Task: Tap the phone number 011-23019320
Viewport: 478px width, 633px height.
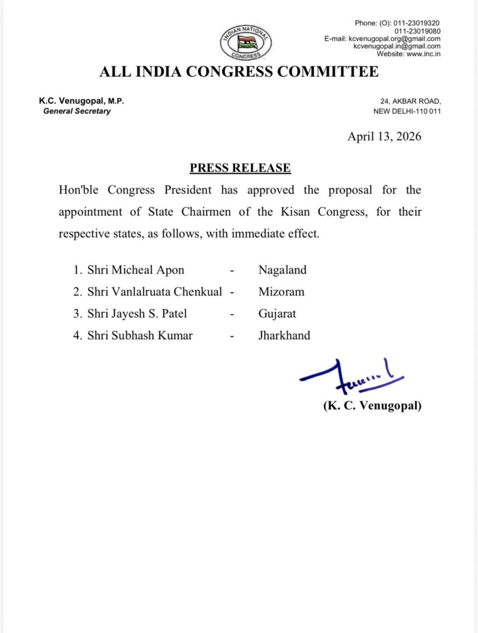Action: click(416, 23)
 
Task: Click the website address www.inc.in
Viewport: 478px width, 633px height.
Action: click(423, 54)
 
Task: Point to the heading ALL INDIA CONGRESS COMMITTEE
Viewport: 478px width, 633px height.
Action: click(239, 72)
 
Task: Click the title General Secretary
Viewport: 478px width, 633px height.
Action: click(77, 111)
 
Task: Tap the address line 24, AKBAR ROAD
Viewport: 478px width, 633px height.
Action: click(410, 101)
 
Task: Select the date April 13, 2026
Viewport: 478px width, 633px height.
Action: click(384, 137)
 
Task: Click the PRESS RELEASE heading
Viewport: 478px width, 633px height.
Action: click(240, 168)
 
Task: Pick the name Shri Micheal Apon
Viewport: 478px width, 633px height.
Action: click(135, 270)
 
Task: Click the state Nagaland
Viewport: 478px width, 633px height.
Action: click(282, 270)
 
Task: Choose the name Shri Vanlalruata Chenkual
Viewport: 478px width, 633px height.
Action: click(154, 292)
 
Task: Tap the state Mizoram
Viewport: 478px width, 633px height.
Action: click(281, 292)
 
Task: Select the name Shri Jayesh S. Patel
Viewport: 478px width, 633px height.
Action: click(137, 314)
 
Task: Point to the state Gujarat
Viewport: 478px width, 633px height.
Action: click(277, 314)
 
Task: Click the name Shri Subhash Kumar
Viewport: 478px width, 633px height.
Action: click(139, 336)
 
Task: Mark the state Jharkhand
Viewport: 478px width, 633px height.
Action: click(284, 336)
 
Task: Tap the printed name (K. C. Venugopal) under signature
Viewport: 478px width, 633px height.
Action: click(372, 406)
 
